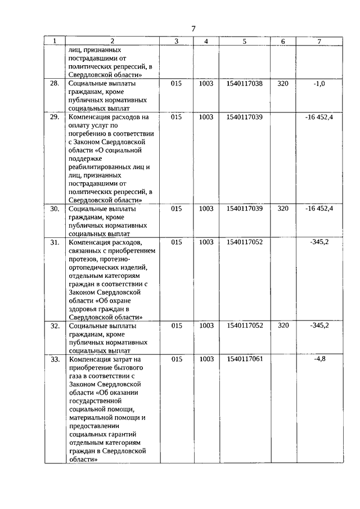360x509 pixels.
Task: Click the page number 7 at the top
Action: tap(193, 29)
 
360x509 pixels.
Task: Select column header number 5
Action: tap(244, 42)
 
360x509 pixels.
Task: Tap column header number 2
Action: tap(112, 42)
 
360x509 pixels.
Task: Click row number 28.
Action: tap(55, 83)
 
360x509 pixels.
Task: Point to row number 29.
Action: tap(55, 117)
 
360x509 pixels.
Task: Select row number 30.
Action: tap(55, 208)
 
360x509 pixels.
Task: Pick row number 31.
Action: tap(55, 242)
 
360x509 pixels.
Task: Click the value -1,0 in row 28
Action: tap(319, 83)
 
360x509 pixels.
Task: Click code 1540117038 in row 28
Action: tap(244, 83)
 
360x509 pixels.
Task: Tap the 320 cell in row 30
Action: tap(283, 208)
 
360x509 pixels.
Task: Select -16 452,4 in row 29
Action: tap(319, 117)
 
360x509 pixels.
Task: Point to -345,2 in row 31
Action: tap(319, 242)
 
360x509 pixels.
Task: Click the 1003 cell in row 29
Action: tap(206, 117)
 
